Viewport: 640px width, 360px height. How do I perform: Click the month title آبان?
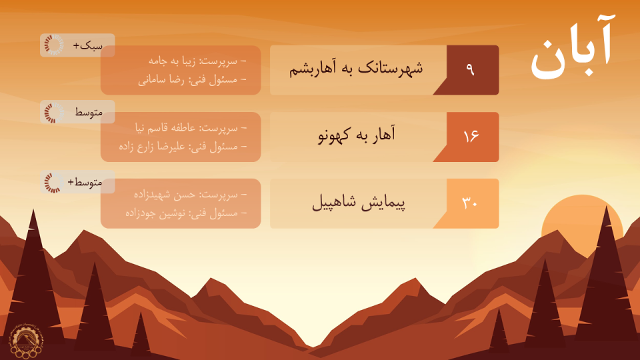pyautogui.click(x=572, y=48)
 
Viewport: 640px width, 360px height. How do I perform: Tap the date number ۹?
pyautogui.click(x=470, y=69)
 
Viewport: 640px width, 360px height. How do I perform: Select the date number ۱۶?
pyautogui.click(x=471, y=136)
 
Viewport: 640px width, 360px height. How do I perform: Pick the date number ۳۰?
pyautogui.click(x=470, y=203)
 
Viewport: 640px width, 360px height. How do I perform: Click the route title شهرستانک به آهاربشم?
pyautogui.click(x=356, y=68)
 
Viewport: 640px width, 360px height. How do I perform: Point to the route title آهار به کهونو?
pyautogui.click(x=357, y=135)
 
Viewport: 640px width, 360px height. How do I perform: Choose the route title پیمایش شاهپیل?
pyautogui.click(x=359, y=203)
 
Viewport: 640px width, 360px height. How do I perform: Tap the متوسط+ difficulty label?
pyautogui.click(x=85, y=183)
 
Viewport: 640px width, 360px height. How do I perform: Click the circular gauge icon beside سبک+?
pyautogui.click(x=54, y=45)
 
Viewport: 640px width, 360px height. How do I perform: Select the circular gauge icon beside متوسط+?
pyautogui.click(x=54, y=182)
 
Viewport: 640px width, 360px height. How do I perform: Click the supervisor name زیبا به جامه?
pyautogui.click(x=171, y=61)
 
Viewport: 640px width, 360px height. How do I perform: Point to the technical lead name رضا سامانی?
pyautogui.click(x=161, y=80)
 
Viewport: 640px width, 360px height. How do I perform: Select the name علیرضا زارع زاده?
pyautogui.click(x=151, y=147)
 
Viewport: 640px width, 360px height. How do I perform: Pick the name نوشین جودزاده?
pyautogui.click(x=155, y=213)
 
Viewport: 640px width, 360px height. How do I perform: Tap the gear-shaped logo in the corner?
pyautogui.click(x=25, y=341)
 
